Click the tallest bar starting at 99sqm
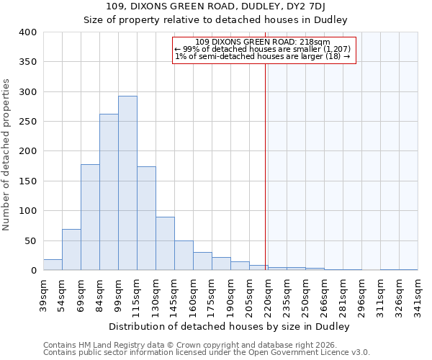tap(127, 183)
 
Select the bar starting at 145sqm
tap(184, 256)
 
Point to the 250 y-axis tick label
tap(29, 122)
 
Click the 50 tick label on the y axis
tap(31, 240)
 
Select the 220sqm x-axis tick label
tap(268, 294)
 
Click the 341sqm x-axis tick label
tap(418, 294)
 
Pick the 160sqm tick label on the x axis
tap(193, 294)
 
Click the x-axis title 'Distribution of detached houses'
tap(230, 326)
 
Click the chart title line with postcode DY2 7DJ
tap(216, 7)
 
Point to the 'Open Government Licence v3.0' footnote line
tap(207, 353)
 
